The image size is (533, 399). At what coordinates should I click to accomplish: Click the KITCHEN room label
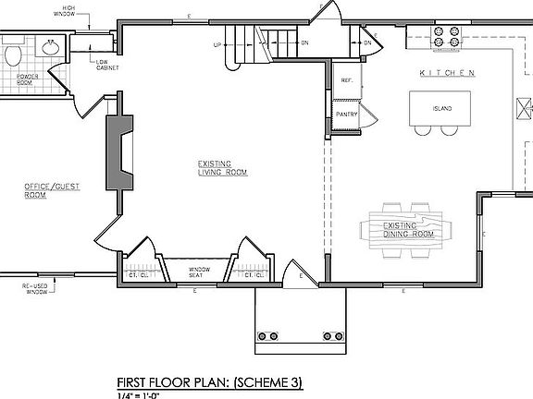coord(447,73)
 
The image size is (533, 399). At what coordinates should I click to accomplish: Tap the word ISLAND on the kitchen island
coord(442,109)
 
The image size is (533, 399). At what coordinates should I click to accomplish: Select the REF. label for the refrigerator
coord(346,80)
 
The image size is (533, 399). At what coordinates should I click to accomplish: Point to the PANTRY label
coord(347,115)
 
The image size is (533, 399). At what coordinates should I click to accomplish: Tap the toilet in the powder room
coord(12,56)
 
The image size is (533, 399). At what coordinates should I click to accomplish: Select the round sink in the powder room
coord(49,46)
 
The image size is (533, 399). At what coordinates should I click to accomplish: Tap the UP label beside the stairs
coord(217,44)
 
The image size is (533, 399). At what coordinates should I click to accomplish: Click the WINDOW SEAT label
coord(201,271)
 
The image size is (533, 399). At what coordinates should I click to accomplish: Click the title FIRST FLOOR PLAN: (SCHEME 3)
coord(209,381)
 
